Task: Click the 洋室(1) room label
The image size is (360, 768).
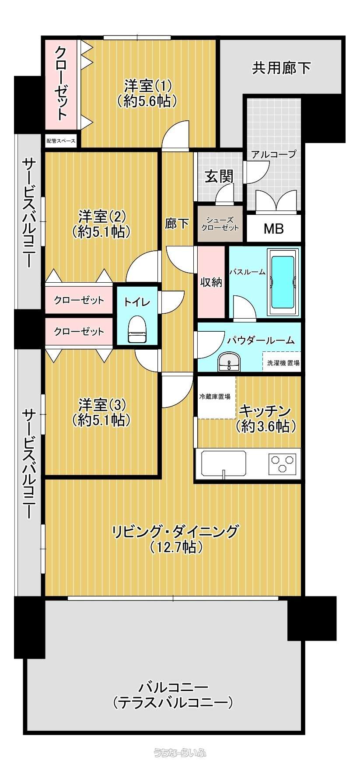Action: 147,84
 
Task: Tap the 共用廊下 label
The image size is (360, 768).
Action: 282,68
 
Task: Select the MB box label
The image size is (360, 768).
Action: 274,228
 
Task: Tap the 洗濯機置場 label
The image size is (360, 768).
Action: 283,363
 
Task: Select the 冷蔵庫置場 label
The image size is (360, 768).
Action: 215,396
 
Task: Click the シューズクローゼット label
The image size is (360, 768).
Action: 220,224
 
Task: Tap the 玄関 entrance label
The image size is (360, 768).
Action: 219,176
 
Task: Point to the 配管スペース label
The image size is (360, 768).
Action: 61,141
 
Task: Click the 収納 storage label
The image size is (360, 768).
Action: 211,282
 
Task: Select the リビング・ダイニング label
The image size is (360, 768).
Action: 175,531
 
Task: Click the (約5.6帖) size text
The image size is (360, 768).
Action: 147,101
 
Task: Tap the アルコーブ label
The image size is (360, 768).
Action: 273,154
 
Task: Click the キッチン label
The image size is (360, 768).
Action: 265,411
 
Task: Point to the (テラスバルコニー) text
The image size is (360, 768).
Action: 172,703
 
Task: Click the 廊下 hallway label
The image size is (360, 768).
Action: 177,224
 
